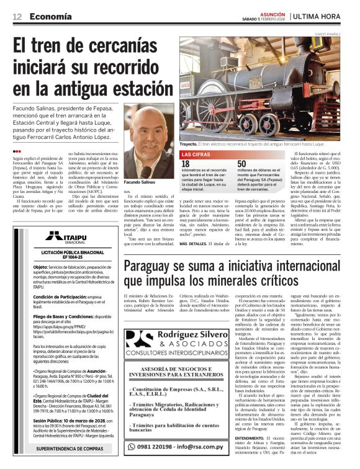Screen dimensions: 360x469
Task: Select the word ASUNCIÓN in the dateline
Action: (x=271, y=12)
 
